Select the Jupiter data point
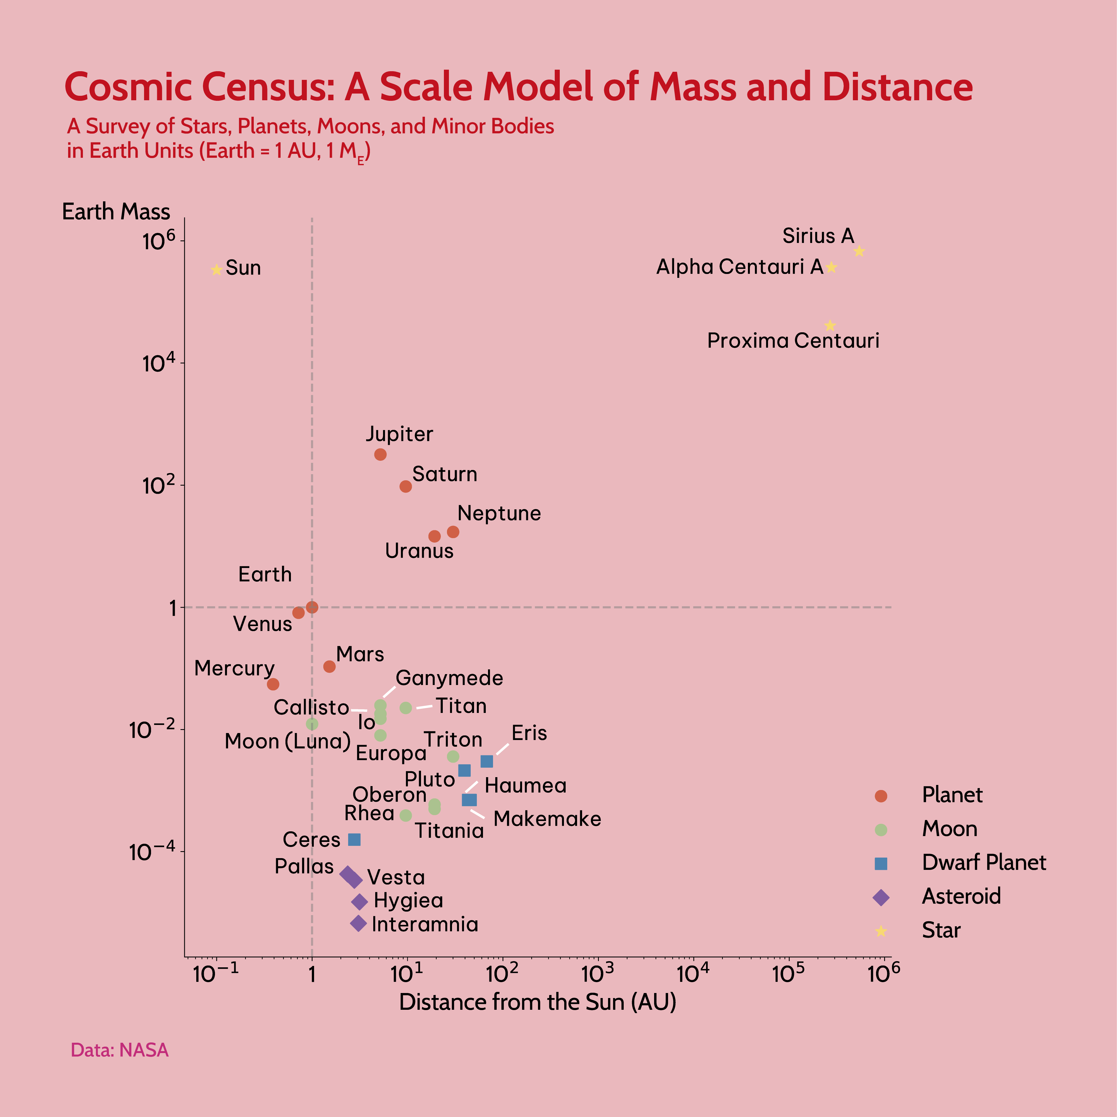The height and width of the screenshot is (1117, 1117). click(x=380, y=454)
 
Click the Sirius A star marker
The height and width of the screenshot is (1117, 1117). click(x=859, y=251)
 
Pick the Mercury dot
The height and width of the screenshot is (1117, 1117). click(x=273, y=684)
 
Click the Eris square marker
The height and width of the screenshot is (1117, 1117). click(x=487, y=762)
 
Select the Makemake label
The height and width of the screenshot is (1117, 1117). click(x=547, y=819)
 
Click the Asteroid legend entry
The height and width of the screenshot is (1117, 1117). click(x=961, y=896)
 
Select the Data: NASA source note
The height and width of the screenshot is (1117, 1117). click(x=120, y=1050)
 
